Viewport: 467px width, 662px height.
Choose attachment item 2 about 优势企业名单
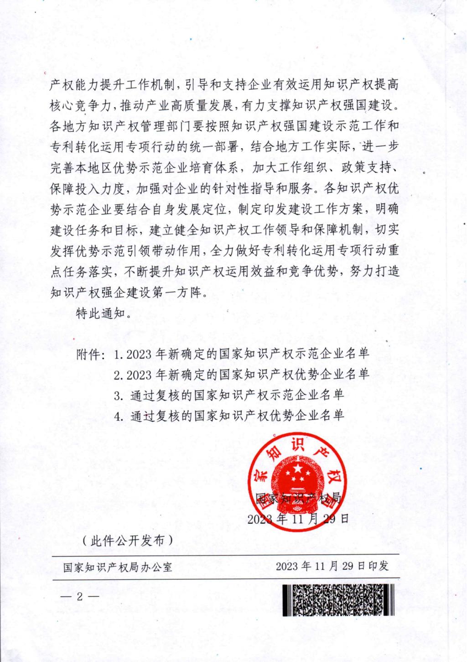coord(242,375)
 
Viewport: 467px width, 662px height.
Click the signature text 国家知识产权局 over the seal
coord(299,498)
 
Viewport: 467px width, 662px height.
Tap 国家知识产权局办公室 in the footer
coord(118,567)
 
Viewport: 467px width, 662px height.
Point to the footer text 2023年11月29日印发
coord(332,566)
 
